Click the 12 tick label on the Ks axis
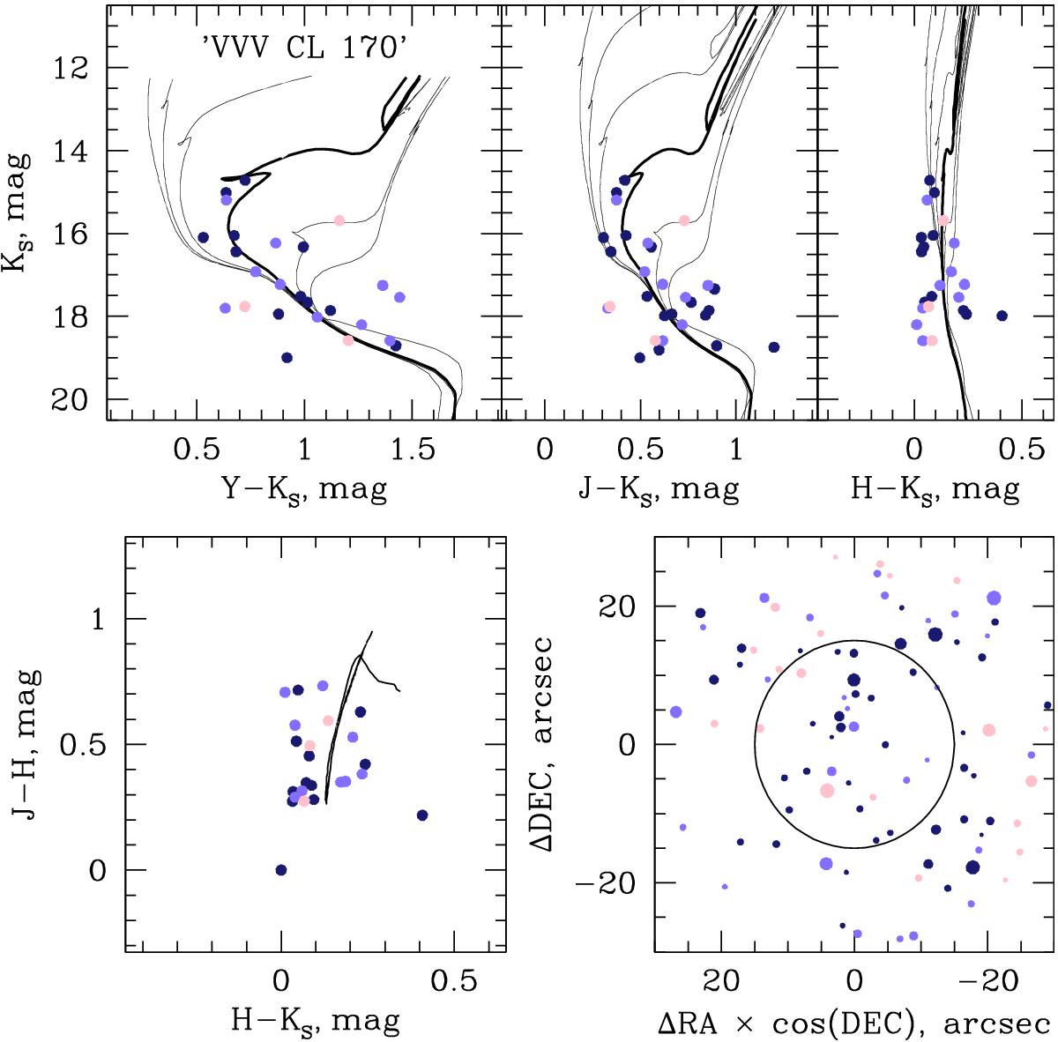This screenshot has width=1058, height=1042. tap(73, 68)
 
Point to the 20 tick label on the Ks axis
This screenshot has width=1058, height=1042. tap(73, 399)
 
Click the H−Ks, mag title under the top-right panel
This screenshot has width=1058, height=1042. tap(935, 489)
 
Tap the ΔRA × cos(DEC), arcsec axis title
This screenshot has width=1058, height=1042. tap(854, 1023)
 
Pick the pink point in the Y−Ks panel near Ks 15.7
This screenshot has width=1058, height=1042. tap(339, 220)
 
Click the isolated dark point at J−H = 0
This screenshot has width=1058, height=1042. tap(281, 870)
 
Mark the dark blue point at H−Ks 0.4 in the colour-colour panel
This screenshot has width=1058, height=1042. tap(421, 815)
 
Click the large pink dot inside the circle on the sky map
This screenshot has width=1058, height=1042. tap(827, 791)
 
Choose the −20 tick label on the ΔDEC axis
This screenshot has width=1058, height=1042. tap(614, 883)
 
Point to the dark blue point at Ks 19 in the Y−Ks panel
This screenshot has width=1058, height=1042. tap(287, 357)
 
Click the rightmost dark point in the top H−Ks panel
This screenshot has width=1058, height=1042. tap(1002, 316)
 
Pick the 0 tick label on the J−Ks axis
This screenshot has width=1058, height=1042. tap(545, 451)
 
